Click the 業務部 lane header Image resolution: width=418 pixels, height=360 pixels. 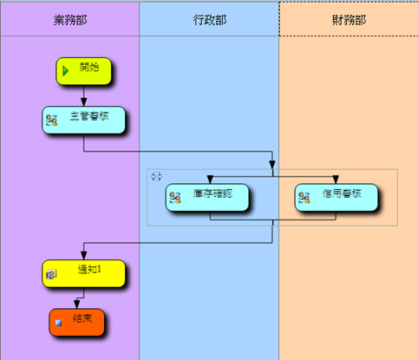pos(70,20)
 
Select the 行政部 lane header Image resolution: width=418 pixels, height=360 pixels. pos(209,20)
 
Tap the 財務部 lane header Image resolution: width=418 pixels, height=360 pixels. pos(349,20)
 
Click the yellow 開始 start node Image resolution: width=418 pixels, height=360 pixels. pos(83,71)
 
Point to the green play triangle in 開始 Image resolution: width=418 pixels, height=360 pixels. pos(66,71)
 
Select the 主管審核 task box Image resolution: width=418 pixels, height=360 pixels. pos(84,120)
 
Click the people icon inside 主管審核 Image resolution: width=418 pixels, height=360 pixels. pos(52,120)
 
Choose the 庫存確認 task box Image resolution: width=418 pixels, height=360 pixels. pos(207,197)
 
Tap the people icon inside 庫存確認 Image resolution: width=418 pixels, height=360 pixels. pos(175,198)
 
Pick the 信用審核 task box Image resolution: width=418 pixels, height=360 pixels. pos(336,197)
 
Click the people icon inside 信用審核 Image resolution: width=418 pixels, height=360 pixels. pos(304,198)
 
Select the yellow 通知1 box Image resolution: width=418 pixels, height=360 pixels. pos(84,273)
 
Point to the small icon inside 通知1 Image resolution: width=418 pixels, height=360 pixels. pos(51,274)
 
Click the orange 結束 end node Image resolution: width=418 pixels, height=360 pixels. pos(76,323)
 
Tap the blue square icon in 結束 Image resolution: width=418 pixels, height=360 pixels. pos(58,323)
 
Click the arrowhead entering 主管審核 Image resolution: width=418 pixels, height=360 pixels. pos(83,102)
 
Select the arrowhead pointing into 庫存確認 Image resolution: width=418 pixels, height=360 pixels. pos(210,180)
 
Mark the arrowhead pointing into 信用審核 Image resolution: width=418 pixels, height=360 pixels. pos(336,180)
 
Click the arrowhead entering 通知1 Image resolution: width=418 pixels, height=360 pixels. pos(84,256)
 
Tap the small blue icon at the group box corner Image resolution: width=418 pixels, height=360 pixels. pos(156,176)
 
